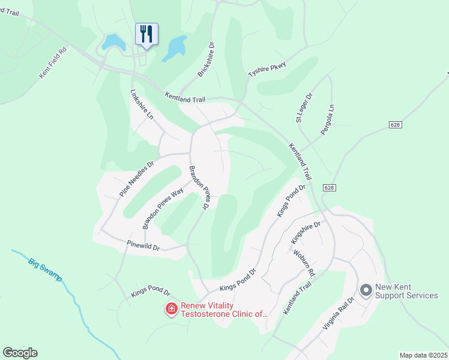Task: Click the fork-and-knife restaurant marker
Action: [146, 35]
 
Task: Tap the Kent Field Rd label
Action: [52, 62]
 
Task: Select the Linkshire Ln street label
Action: [142, 104]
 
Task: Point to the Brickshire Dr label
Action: [206, 59]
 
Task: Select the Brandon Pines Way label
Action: [162, 208]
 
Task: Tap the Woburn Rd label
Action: [309, 263]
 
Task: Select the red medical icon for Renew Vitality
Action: [171, 309]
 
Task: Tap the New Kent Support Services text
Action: [406, 291]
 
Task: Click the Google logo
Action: [20, 353]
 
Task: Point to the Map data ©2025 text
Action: [423, 355]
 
